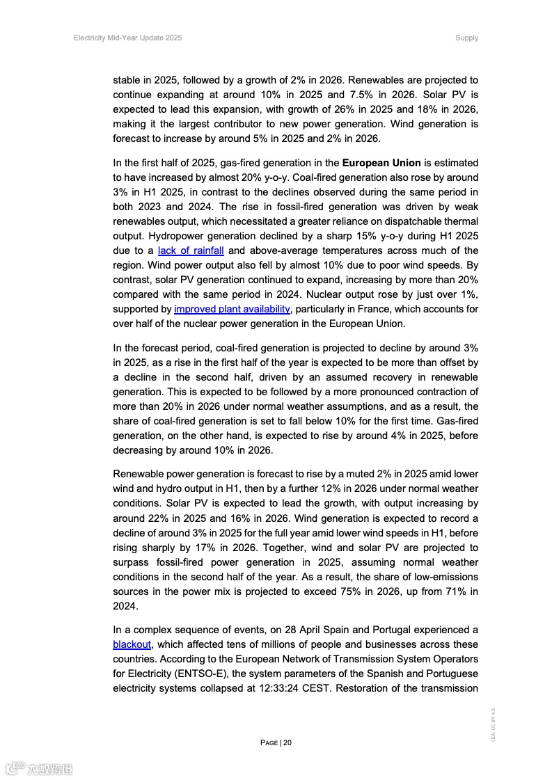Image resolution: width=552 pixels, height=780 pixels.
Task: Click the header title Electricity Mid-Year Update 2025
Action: point(127,38)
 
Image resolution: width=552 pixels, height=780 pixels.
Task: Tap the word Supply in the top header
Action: point(466,38)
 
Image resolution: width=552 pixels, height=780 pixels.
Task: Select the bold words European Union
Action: point(381,163)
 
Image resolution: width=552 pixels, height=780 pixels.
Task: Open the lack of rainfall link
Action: point(191,250)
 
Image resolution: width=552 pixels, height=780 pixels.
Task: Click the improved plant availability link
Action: point(232,309)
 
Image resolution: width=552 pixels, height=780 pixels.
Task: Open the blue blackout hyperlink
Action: point(132,644)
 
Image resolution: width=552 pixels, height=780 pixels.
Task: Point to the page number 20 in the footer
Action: point(287,742)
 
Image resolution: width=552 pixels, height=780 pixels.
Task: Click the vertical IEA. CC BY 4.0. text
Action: point(493,724)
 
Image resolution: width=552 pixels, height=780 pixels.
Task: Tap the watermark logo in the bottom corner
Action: point(38,769)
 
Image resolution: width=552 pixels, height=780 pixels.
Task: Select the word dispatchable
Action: point(411,221)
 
